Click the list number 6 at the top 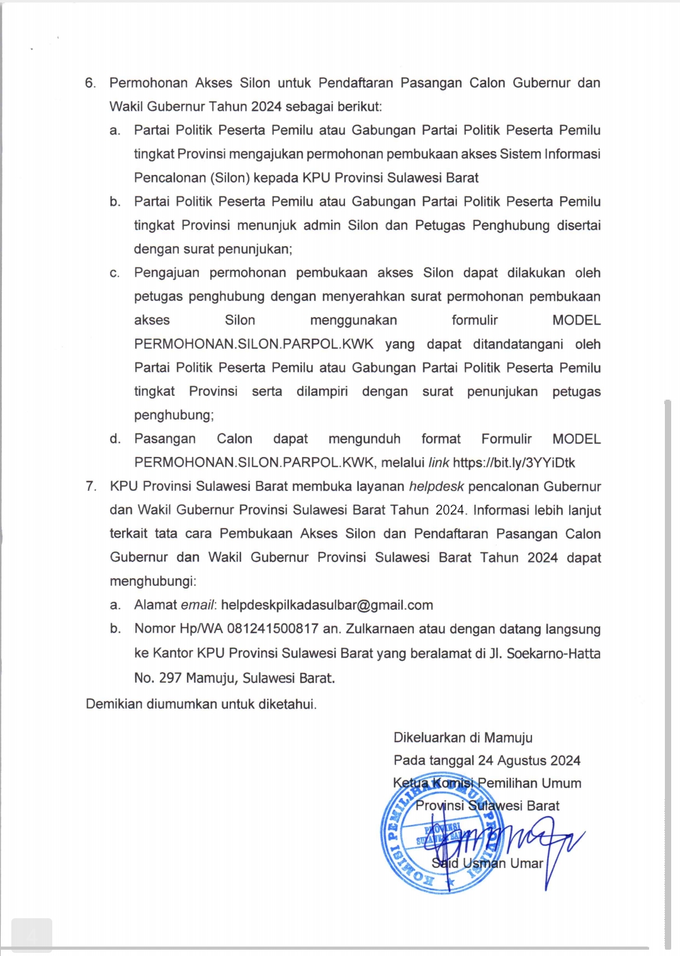coord(90,83)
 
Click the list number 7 coord(91,486)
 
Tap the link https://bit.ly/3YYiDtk coord(514,463)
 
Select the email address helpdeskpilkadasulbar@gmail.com coord(327,605)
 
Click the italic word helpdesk coord(436,486)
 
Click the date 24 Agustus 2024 coord(529,760)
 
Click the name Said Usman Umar coord(487,863)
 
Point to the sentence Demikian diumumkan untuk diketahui coord(201,704)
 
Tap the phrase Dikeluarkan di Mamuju coord(463,738)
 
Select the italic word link coord(438,463)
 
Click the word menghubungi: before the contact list coord(152,581)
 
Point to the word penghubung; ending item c coord(174,415)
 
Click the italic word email coord(198,605)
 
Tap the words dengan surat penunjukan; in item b coord(213,249)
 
